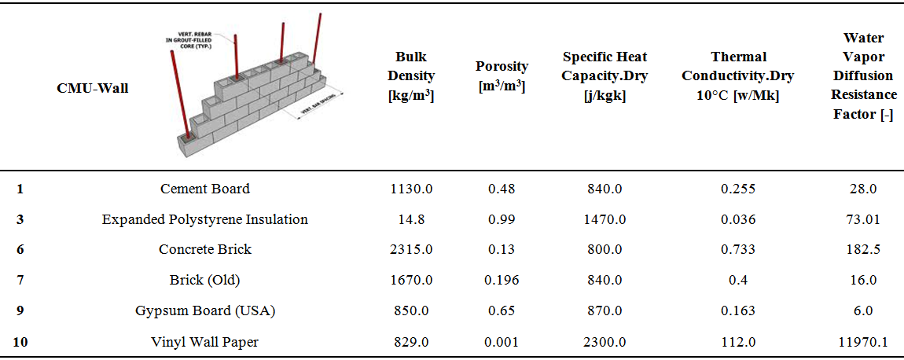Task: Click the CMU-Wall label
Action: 92,88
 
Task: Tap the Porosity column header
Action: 502,76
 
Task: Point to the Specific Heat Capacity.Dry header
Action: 605,76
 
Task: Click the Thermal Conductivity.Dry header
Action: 737,76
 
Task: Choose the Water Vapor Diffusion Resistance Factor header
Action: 863,76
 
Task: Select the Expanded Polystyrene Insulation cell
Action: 205,219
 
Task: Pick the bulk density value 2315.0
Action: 412,249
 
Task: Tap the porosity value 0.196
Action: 501,280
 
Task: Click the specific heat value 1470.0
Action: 605,219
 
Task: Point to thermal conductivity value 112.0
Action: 737,342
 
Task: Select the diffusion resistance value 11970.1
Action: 863,342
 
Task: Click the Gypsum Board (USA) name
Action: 205,310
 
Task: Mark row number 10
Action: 20,342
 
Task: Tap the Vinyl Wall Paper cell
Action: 205,342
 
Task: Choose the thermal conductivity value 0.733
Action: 737,249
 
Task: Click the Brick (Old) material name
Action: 205,280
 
